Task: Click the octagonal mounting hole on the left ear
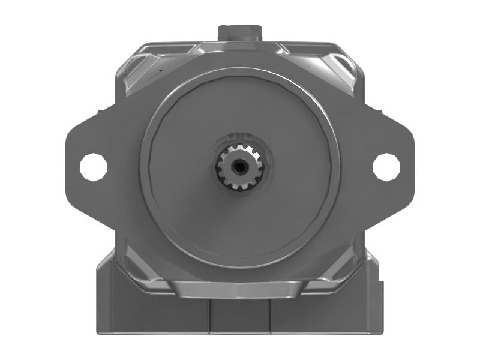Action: pyautogui.click(x=94, y=166)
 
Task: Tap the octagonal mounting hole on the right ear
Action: pyautogui.click(x=386, y=166)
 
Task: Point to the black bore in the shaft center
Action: pyautogui.click(x=240, y=164)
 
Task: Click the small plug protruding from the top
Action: pyautogui.click(x=239, y=31)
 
